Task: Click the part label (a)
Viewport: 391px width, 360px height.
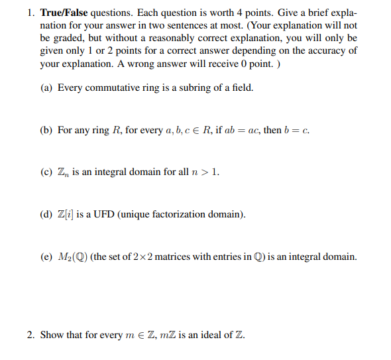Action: coord(46,88)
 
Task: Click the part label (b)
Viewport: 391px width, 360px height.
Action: coord(46,131)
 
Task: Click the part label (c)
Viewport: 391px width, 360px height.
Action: coord(46,173)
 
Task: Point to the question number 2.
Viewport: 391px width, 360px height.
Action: coord(31,334)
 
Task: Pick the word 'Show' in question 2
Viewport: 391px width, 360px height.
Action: coord(52,334)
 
